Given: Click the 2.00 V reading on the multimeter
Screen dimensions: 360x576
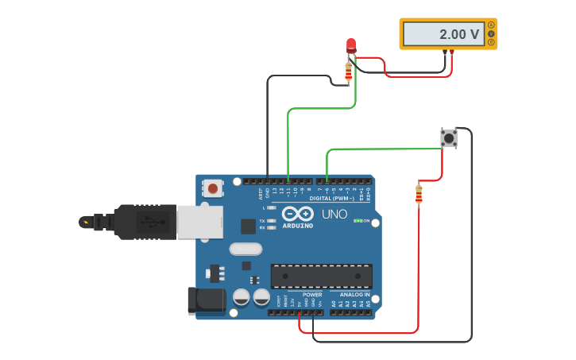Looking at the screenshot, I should pyautogui.click(x=459, y=34).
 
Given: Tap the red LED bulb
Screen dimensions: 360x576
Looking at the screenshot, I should pyautogui.click(x=351, y=45).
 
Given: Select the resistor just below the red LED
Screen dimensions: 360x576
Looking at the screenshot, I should pyautogui.click(x=348, y=72).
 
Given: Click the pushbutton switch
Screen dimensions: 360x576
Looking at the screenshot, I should pyautogui.click(x=449, y=137).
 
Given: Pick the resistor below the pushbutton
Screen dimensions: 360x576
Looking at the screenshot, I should pyautogui.click(x=419, y=194).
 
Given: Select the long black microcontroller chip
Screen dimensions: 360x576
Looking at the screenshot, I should pyautogui.click(x=321, y=276).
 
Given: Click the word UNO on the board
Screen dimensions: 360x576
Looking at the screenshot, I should pyautogui.click(x=334, y=214).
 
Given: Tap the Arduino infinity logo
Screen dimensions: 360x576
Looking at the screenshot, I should pyautogui.click(x=298, y=214).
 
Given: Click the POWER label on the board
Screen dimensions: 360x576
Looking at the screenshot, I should pyautogui.click(x=312, y=295).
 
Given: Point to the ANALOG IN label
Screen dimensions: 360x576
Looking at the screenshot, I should pyautogui.click(x=350, y=295).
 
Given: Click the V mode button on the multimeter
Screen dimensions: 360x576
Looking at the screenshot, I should pyautogui.click(x=491, y=33).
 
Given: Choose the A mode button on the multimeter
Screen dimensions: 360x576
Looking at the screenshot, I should pyautogui.click(x=491, y=25).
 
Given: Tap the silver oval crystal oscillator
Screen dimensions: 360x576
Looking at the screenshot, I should pyautogui.click(x=245, y=249).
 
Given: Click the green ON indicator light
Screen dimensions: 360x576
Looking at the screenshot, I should pyautogui.click(x=358, y=220).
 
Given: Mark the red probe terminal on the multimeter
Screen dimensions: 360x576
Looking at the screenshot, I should pyautogui.click(x=452, y=52).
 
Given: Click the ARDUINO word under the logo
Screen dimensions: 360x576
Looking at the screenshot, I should pyautogui.click(x=298, y=226).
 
